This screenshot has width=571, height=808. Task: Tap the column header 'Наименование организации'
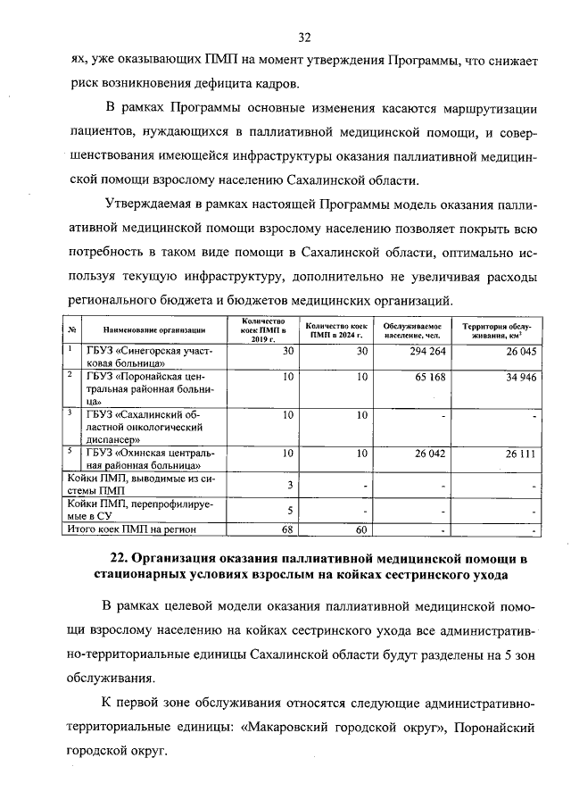pyautogui.click(x=147, y=329)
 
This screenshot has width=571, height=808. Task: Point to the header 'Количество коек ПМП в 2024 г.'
pyautogui.click(x=335, y=330)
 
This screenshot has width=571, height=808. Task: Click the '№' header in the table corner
pyautogui.click(x=71, y=329)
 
